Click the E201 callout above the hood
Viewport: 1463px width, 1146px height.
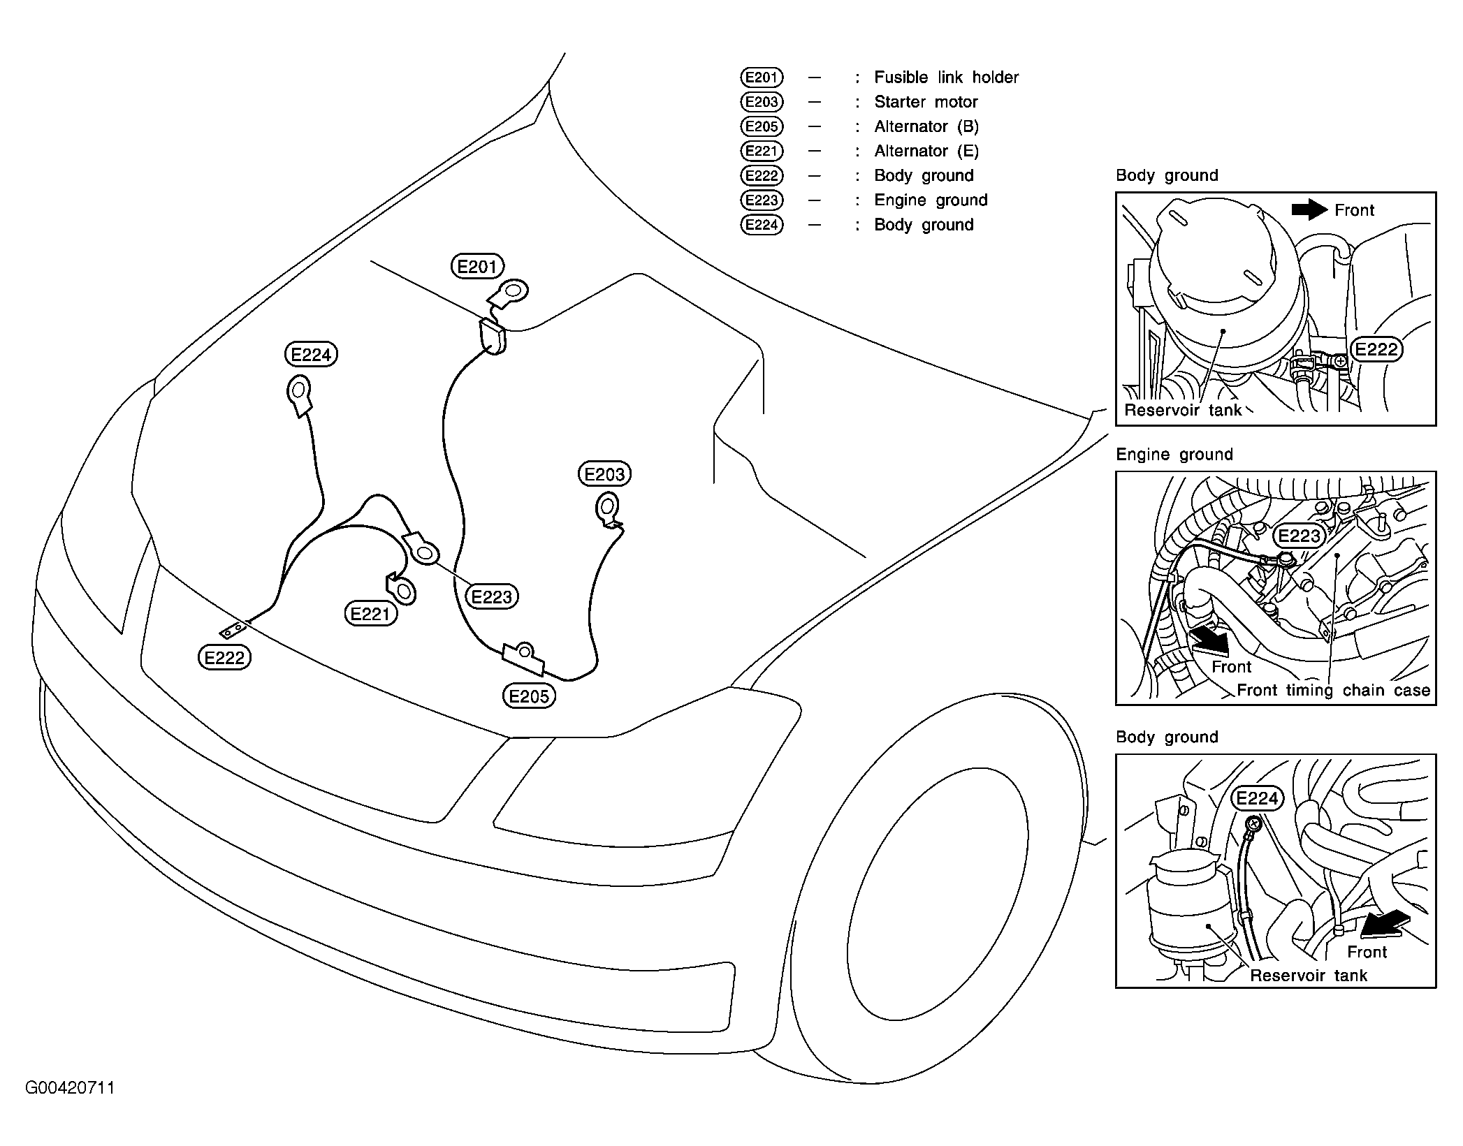(x=477, y=266)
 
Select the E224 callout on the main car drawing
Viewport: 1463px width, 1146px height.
(x=311, y=355)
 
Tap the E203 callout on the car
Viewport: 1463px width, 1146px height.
(x=604, y=474)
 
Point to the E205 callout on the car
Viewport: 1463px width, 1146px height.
(x=529, y=696)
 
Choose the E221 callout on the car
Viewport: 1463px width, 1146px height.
(x=370, y=614)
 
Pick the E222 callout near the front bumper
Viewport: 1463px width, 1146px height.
(x=224, y=657)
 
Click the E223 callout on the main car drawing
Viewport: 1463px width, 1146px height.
(x=492, y=596)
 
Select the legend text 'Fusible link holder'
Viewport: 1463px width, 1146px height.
(x=946, y=78)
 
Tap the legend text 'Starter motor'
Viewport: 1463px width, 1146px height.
(x=926, y=102)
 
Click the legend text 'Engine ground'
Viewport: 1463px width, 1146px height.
(x=931, y=200)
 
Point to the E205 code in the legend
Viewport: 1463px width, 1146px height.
(x=762, y=126)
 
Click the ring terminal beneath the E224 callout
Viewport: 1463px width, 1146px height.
(x=298, y=389)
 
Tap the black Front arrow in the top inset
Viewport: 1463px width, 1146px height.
(x=1309, y=209)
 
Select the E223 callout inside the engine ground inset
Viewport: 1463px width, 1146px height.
(x=1299, y=536)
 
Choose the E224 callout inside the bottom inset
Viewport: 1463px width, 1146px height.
(x=1257, y=798)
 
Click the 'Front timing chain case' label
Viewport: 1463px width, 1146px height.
(x=1333, y=690)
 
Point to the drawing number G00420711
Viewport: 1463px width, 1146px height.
(x=70, y=1087)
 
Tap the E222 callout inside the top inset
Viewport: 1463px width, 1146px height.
(x=1376, y=349)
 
